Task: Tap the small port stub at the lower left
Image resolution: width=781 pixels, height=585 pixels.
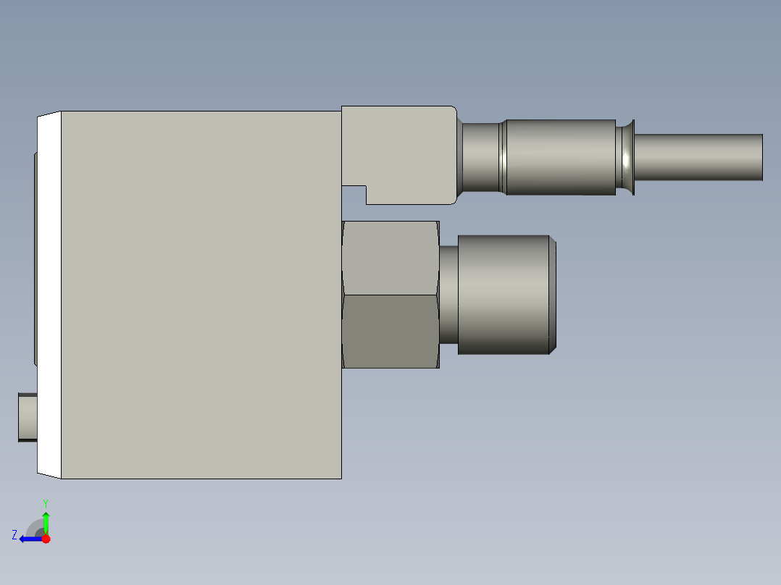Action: [28, 417]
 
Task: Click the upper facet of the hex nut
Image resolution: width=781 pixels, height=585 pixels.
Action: [390, 257]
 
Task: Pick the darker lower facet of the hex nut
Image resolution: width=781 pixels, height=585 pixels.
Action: [390, 331]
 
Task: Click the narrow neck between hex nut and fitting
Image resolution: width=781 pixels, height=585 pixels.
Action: [448, 295]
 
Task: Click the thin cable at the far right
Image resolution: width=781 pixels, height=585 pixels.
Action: [699, 157]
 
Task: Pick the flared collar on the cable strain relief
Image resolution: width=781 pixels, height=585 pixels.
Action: [627, 157]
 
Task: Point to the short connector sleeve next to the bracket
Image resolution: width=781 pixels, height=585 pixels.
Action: [481, 157]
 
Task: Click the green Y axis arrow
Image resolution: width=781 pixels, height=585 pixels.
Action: [46, 521]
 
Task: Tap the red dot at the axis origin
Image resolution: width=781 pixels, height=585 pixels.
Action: [46, 539]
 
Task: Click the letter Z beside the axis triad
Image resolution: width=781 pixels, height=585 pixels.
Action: [14, 534]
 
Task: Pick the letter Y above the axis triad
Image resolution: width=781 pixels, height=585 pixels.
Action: [45, 502]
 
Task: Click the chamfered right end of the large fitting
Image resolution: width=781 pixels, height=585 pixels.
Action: [551, 295]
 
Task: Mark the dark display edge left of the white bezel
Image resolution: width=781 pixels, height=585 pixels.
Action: [35, 258]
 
